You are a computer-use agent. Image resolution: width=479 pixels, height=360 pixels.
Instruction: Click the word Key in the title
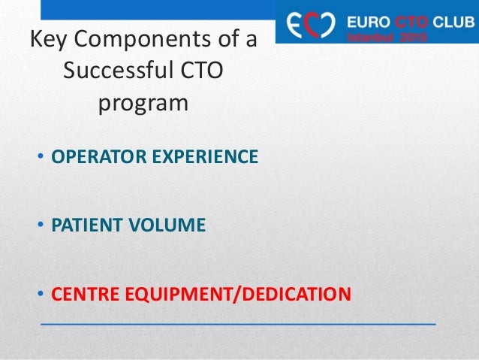47,39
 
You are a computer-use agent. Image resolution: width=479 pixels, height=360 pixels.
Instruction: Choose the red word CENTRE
80,292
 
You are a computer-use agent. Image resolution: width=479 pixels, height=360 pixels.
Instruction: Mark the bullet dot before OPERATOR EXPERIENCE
41,158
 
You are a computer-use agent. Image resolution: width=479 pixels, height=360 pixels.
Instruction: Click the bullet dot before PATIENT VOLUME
41,225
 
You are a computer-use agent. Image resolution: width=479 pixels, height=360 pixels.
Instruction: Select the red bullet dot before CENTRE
41,292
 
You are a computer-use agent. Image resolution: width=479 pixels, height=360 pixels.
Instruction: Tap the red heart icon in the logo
321,23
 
